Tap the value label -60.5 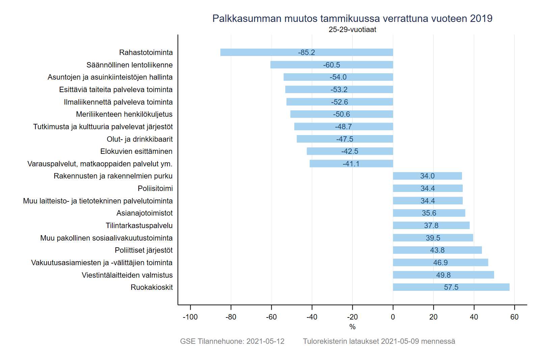tap(331, 65)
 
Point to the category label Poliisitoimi tap(155, 188)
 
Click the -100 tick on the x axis tap(190, 317)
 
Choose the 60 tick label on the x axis tap(514, 317)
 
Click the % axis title tap(352, 327)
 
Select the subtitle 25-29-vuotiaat tap(352, 30)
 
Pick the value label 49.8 tap(443, 275)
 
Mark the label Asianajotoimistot tap(144, 213)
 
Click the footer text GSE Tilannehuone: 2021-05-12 tap(232, 341)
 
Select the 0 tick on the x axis tap(393, 317)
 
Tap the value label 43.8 tap(437, 250)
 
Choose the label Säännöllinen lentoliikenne tap(129, 65)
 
